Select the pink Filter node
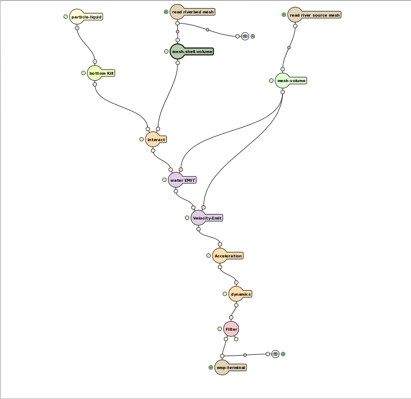[x=231, y=329]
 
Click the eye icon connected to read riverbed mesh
[x=245, y=36]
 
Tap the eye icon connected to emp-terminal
[x=275, y=354]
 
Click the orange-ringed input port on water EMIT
[x=181, y=170]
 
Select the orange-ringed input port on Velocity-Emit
[x=203, y=208]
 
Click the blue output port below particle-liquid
[x=77, y=28]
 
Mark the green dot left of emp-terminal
[x=211, y=367]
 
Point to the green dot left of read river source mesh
[x=284, y=15]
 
